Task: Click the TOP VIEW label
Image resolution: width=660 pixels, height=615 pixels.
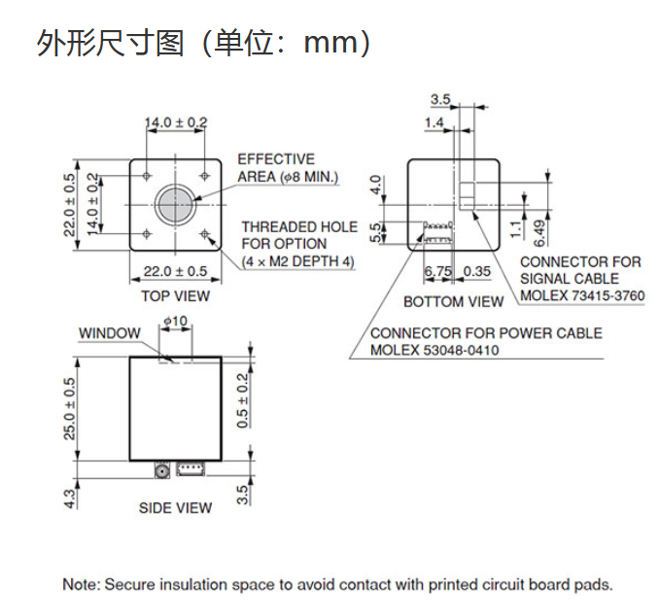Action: pyautogui.click(x=175, y=295)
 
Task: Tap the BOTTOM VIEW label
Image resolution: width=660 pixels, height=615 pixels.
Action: pyautogui.click(x=453, y=301)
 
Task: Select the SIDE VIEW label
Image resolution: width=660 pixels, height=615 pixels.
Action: pyautogui.click(x=175, y=507)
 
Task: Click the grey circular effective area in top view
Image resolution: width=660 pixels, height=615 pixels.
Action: pyautogui.click(x=175, y=202)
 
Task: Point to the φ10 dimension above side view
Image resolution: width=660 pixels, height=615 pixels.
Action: pyautogui.click(x=176, y=321)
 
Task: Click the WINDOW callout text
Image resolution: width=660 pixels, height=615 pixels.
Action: pyautogui.click(x=109, y=333)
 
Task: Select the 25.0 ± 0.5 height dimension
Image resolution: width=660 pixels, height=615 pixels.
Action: pyautogui.click(x=70, y=407)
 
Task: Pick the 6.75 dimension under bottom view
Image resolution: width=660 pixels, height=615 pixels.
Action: pyautogui.click(x=439, y=271)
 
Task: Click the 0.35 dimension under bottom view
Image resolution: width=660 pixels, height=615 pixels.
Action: pyautogui.click(x=477, y=271)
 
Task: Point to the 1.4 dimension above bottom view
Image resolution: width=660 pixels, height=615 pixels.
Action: pyautogui.click(x=434, y=122)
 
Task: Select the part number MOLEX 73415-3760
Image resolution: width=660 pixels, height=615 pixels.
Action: pyautogui.click(x=581, y=295)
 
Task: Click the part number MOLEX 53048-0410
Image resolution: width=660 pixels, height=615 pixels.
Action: pyautogui.click(x=434, y=350)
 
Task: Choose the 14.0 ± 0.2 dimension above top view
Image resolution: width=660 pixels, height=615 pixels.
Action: pyautogui.click(x=176, y=122)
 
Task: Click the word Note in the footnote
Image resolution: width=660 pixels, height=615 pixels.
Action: pyautogui.click(x=81, y=585)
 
